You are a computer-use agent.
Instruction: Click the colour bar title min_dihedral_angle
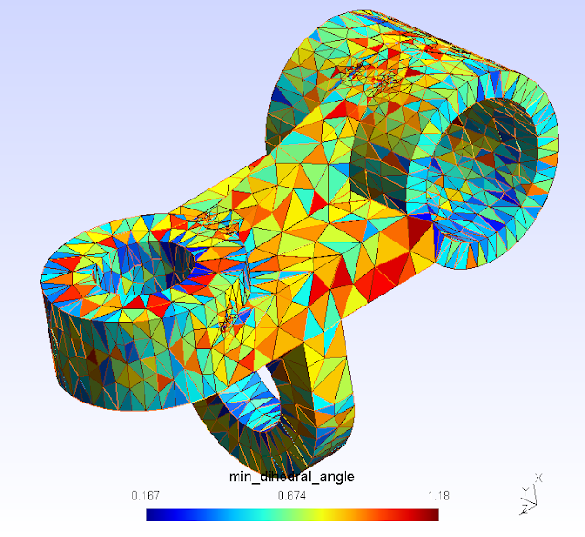tap(292, 477)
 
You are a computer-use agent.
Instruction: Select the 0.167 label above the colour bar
tap(145, 496)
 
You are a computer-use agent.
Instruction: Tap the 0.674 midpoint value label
tap(292, 496)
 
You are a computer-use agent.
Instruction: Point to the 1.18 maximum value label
tap(439, 496)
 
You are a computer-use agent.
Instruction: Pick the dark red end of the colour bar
tap(432, 514)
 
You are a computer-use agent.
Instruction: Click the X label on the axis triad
tap(538, 478)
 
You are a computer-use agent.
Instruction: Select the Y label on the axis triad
tap(526, 491)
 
